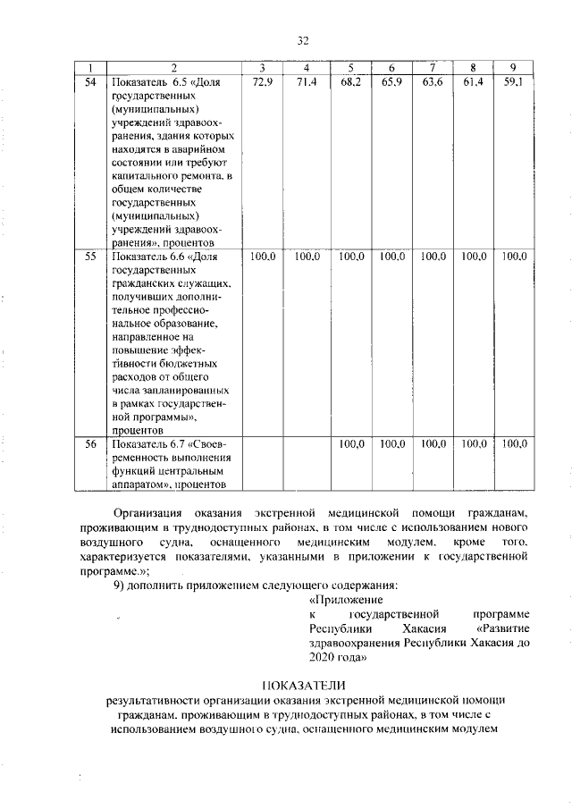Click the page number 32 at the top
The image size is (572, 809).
coord(302,40)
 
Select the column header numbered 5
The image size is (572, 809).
coord(351,68)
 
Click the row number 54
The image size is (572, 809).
coord(90,82)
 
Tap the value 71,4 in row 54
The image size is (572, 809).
coord(307,82)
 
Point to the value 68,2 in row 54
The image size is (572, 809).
coord(351,82)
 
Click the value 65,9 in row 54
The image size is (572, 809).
coord(391,82)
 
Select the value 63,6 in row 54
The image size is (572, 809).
coord(433,82)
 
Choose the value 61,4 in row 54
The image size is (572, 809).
coord(473,82)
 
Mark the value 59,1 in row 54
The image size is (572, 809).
coord(512,82)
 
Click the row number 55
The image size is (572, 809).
coord(90,256)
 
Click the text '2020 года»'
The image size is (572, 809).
coord(336,656)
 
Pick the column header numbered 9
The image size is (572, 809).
coord(512,68)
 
